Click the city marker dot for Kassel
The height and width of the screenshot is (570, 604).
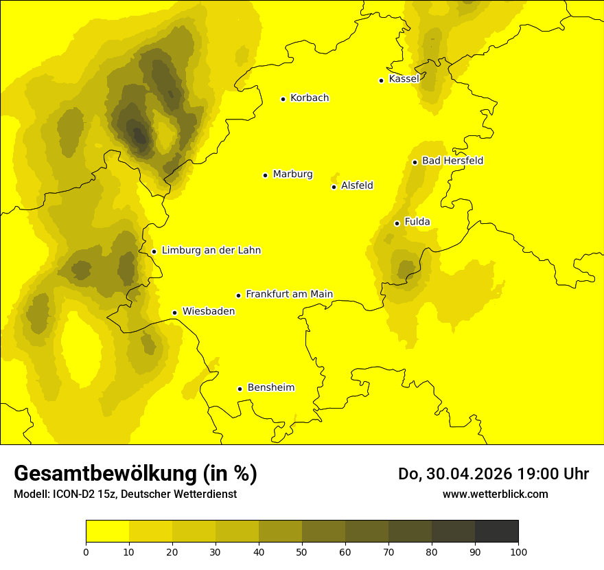[381, 80]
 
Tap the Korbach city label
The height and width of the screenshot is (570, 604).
[310, 98]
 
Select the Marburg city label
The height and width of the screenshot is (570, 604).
[292, 174]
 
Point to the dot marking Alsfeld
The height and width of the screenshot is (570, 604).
[334, 187]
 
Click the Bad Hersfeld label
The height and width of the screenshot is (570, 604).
[452, 161]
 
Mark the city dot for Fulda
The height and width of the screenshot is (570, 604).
[397, 223]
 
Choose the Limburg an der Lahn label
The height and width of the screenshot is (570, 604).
[211, 251]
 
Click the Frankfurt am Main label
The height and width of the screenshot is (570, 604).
[289, 295]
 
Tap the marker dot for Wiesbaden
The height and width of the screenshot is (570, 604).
[175, 313]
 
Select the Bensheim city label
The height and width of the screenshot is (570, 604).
[270, 388]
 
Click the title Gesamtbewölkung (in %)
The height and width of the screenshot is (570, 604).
[135, 474]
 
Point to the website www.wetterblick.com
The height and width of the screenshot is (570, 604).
[496, 494]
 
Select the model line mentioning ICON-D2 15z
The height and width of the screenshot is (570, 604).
[125, 494]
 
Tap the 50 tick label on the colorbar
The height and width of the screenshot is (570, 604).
[302, 551]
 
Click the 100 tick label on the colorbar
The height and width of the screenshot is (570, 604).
[518, 551]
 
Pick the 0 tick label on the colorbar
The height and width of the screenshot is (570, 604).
[86, 551]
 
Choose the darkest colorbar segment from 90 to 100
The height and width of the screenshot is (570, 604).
[496, 532]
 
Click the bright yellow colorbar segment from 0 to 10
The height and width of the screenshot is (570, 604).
[107, 532]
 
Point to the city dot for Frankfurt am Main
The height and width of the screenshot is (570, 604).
[239, 295]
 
